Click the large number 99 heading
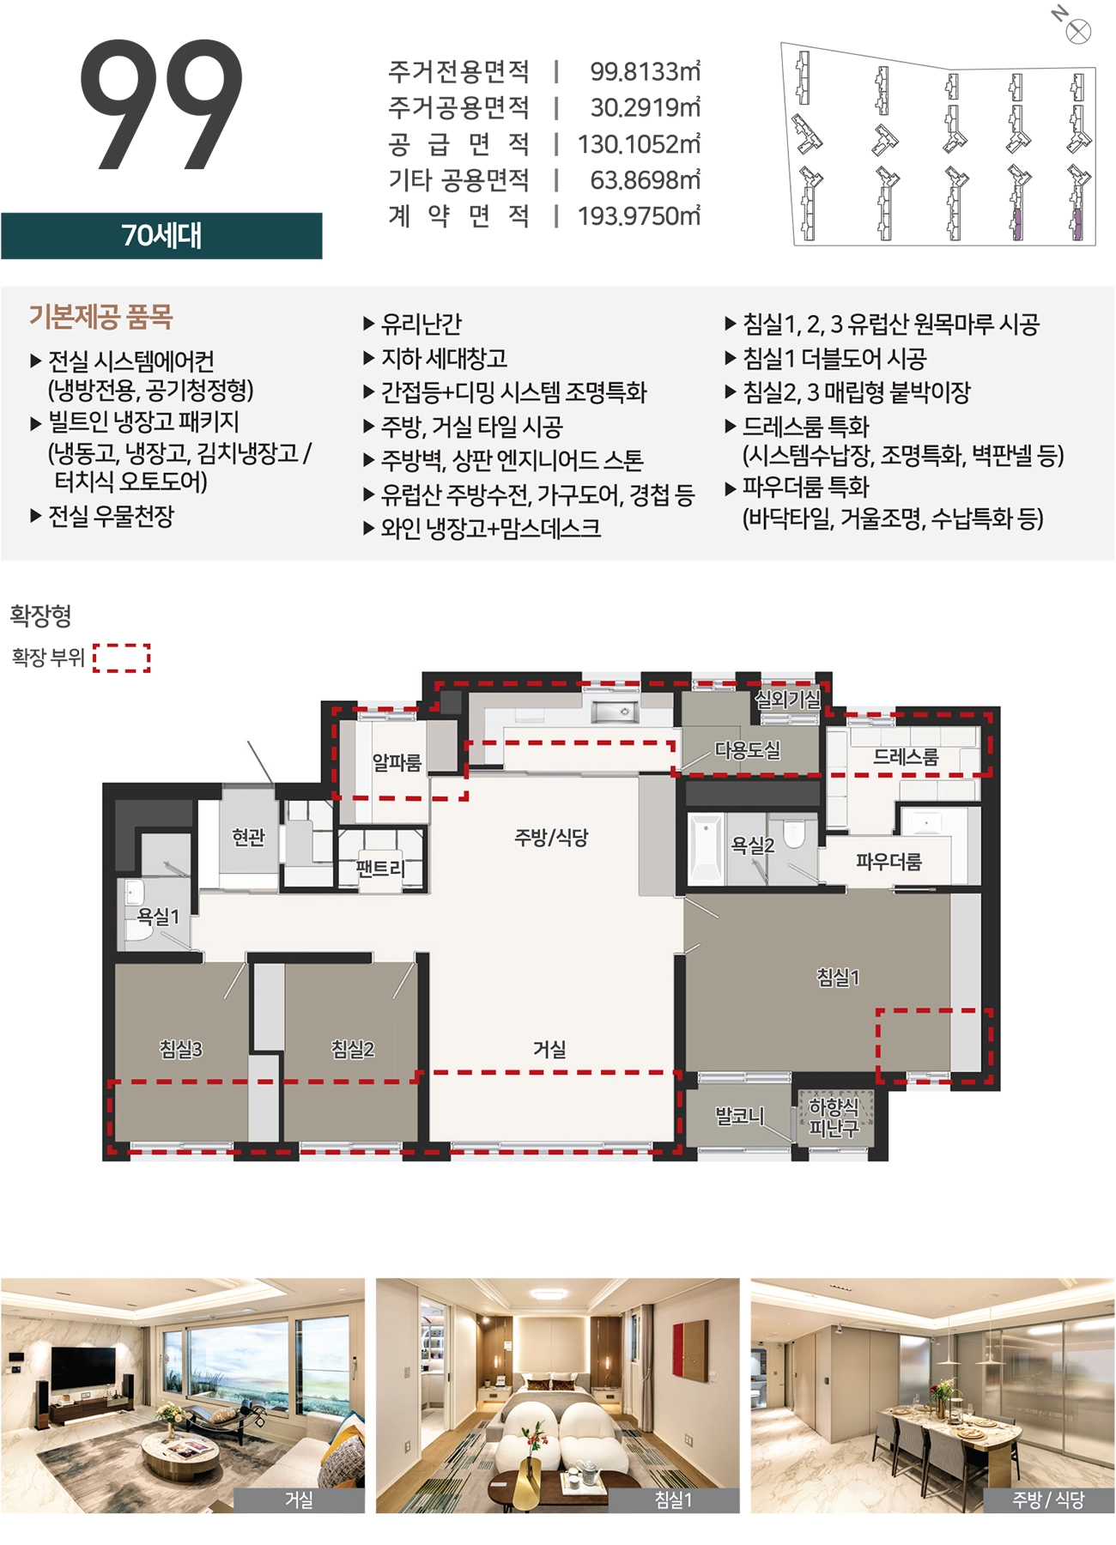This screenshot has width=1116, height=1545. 161,104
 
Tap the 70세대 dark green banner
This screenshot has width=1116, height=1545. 161,235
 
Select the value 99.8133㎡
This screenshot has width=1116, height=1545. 645,71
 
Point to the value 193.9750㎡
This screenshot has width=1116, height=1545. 639,215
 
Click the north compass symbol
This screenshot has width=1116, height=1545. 1077,32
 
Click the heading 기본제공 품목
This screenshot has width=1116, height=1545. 101,317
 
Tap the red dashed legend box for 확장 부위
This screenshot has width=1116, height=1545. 122,657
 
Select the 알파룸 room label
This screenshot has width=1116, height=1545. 397,762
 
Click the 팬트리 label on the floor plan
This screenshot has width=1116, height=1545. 380,869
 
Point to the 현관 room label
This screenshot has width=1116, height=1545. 249,837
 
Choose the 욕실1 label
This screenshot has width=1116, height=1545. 158,917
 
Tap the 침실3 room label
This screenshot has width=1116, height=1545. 180,1049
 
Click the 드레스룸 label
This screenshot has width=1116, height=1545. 906,757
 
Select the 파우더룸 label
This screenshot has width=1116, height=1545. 889,862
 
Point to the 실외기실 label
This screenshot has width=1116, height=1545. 788,700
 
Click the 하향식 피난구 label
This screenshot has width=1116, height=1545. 834,1118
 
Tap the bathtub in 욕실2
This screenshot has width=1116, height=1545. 706,850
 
